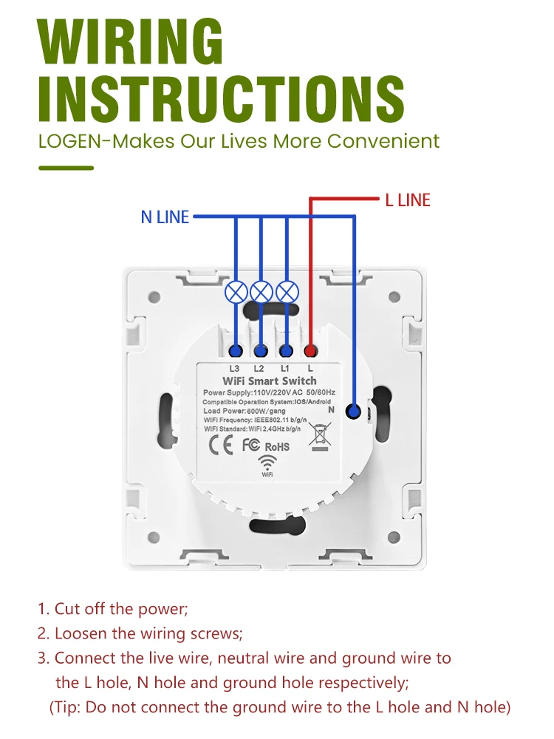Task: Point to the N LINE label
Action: (165, 217)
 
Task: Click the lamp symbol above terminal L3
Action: (236, 291)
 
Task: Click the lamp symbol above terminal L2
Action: (261, 291)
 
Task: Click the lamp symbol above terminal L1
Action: (287, 291)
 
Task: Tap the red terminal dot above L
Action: (311, 351)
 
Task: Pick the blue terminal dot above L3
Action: (236, 351)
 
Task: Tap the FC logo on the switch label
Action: (250, 445)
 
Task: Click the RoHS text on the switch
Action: (277, 446)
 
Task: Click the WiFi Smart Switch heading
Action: (269, 381)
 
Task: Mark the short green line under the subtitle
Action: (66, 168)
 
